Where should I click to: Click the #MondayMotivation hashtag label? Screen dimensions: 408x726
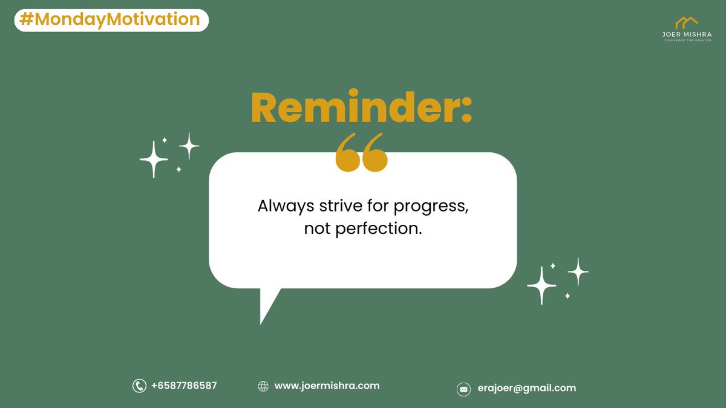tap(111, 20)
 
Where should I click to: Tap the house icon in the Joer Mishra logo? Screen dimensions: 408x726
tap(686, 22)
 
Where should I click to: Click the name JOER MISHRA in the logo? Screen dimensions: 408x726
tap(686, 35)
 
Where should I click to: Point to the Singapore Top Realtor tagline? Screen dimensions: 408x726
tap(686, 41)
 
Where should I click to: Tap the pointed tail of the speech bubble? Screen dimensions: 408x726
tap(266, 311)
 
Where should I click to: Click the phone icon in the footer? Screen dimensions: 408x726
tap(139, 386)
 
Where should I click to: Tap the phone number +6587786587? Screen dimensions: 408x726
tap(184, 386)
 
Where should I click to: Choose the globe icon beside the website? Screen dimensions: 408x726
tap(263, 386)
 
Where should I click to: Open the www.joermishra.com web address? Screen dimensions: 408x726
tap(327, 386)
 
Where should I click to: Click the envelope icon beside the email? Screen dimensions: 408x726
tap(463, 389)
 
